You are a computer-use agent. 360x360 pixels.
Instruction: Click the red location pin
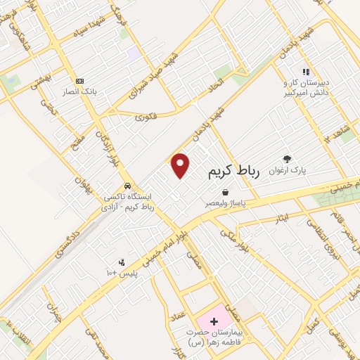[181, 165]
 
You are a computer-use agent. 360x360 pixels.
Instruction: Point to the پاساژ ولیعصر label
[225, 202]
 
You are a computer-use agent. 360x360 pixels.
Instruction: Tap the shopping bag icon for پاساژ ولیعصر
[225, 192]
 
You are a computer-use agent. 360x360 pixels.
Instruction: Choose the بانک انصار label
[79, 91]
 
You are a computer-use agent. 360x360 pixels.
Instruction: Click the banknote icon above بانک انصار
[79, 81]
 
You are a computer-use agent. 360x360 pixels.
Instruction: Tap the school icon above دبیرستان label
[306, 72]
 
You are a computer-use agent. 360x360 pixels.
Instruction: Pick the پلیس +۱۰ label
[124, 271]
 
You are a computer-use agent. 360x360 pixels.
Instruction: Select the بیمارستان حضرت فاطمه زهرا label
[213, 337]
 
